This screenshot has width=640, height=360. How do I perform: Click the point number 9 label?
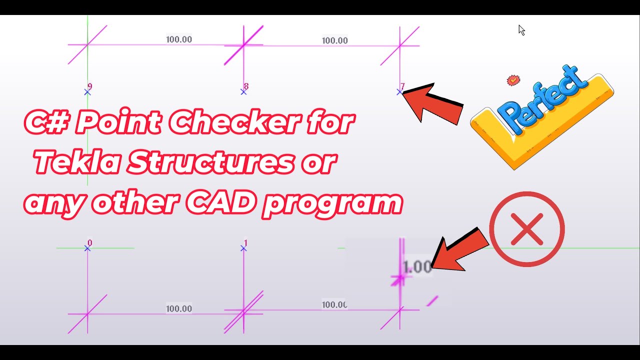click(x=89, y=86)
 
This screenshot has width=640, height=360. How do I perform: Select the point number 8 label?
click(x=246, y=86)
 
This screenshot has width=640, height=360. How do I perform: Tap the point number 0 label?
click(x=89, y=243)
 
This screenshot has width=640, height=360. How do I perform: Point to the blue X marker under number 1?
click(x=243, y=248)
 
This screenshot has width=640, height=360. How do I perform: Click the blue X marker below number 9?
click(x=87, y=92)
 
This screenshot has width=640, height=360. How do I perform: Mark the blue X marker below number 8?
click(x=243, y=92)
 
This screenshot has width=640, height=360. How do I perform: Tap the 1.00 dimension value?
click(x=417, y=267)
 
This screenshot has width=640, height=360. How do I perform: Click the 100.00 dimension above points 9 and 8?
click(x=179, y=39)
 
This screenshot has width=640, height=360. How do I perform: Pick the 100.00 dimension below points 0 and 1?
click(x=179, y=308)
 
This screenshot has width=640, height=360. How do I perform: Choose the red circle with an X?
click(x=527, y=229)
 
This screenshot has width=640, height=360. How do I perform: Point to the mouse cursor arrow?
click(x=521, y=30)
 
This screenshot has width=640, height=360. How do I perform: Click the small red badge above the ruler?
click(x=513, y=80)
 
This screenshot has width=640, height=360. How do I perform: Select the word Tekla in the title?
click(x=75, y=163)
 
